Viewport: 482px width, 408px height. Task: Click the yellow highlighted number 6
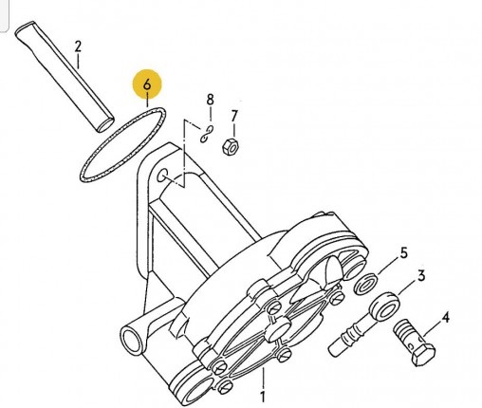coord(147,84)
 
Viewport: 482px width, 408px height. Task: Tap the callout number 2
coord(78,46)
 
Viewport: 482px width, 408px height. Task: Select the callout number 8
coord(210,100)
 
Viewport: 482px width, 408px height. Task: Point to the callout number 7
coord(233,116)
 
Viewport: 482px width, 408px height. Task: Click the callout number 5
coord(403,253)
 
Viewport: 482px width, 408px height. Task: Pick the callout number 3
coord(421,276)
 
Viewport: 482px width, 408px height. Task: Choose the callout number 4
coord(445,318)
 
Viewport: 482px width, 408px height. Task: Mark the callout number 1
coord(262,397)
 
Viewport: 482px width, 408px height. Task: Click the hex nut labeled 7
coord(231,146)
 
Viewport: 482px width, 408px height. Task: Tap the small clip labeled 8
coord(207,134)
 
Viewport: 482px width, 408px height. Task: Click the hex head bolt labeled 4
coord(415,343)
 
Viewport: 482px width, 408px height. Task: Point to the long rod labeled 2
coord(65,76)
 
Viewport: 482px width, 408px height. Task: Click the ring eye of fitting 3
coord(385,306)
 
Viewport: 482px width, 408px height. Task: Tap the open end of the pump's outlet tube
coord(132,341)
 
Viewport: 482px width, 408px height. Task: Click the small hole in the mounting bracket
coord(163,176)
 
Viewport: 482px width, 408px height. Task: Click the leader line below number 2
coord(78,61)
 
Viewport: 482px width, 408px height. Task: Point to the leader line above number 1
coord(263,378)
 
